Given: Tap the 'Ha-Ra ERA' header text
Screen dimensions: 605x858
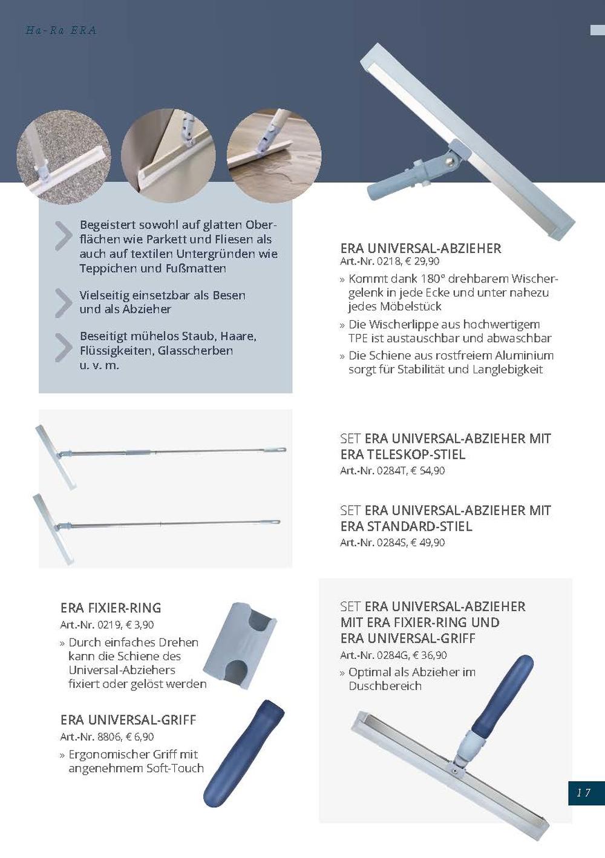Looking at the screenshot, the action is click(61, 30).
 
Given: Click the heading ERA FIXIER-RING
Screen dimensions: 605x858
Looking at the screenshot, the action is click(111, 608).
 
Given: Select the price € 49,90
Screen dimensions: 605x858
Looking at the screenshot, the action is click(428, 542).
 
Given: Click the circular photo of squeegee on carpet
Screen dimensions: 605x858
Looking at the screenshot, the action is click(63, 157).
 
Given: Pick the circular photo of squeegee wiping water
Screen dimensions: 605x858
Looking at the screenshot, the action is click(274, 156).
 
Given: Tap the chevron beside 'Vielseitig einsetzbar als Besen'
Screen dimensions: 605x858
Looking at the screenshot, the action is click(63, 303).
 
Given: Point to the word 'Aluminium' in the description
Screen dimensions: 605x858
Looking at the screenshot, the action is click(524, 355).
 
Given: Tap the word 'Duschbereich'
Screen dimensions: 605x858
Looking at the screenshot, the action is click(385, 686).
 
